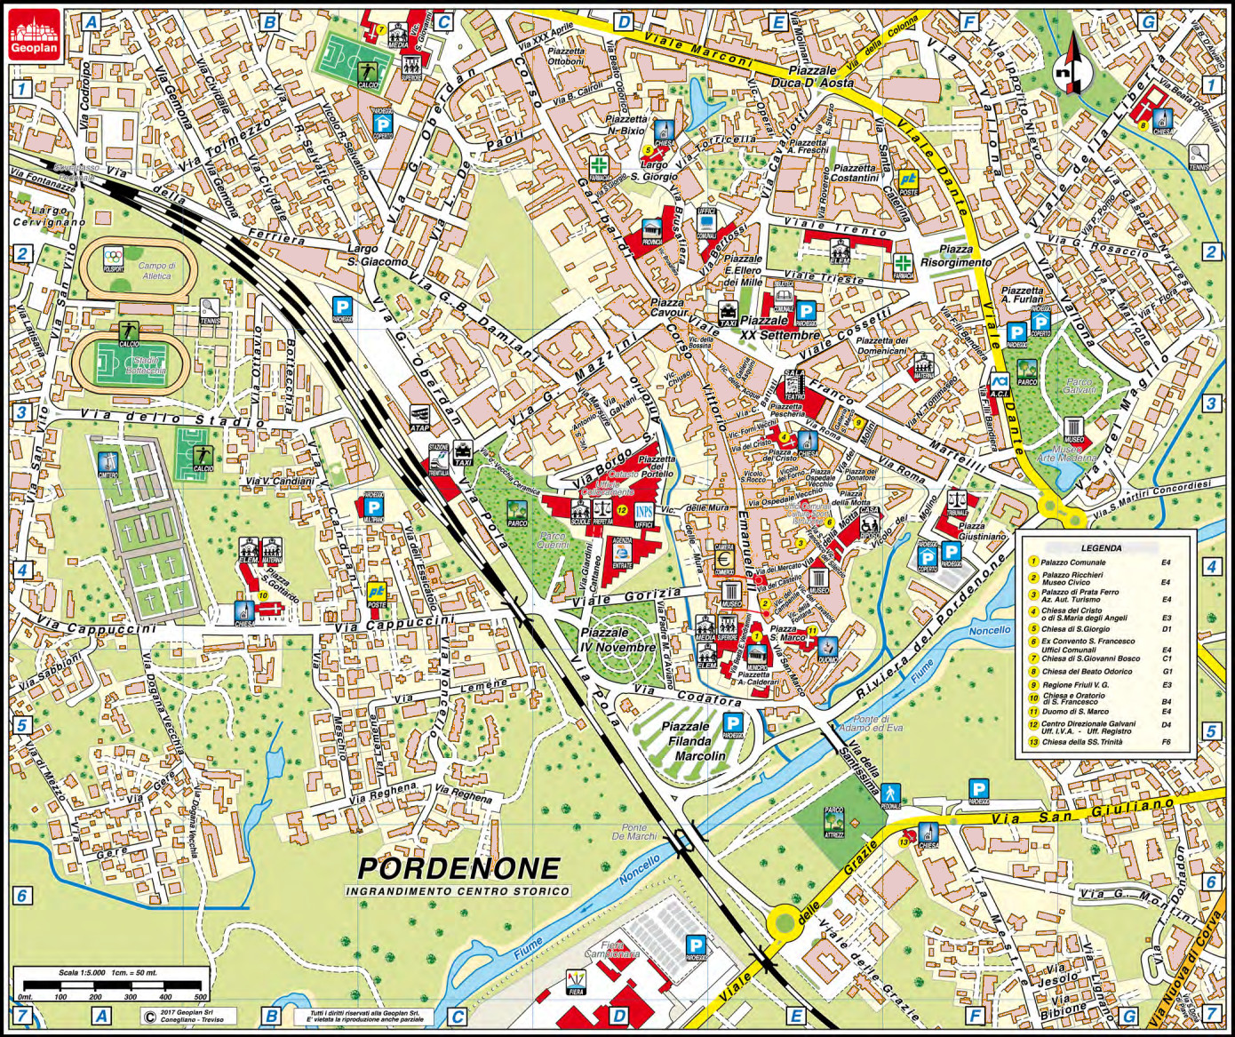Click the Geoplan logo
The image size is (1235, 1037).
(34, 35)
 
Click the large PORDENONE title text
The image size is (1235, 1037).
(458, 867)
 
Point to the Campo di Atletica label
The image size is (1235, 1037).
(156, 270)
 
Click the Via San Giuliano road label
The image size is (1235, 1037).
(1084, 811)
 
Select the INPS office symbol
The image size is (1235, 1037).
(644, 514)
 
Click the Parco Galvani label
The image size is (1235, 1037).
(1079, 387)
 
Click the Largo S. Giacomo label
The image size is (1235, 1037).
(378, 255)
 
